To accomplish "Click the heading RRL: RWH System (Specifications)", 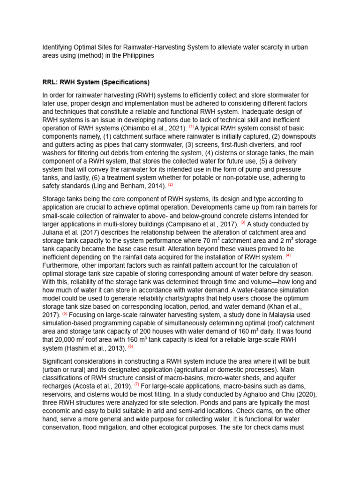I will click(x=96, y=82).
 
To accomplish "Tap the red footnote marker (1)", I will click(x=191, y=127).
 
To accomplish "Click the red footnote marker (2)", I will click(x=171, y=185).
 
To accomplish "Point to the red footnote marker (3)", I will click(x=243, y=223).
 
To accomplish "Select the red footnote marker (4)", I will click(x=288, y=256).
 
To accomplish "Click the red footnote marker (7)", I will click(x=137, y=384).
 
